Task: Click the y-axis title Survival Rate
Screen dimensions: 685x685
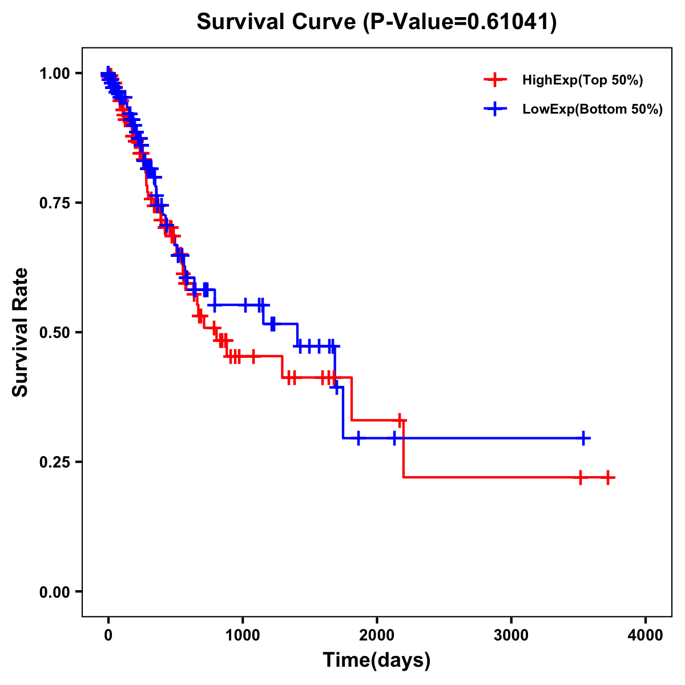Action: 21,332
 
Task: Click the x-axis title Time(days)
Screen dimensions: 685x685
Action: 377,660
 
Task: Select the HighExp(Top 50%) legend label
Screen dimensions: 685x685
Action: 583,80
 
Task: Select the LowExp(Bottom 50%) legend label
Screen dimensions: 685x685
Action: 593,110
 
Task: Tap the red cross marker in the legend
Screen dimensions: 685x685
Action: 495,80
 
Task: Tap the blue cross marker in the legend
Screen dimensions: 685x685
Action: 495,109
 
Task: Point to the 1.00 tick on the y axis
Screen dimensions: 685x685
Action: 55,73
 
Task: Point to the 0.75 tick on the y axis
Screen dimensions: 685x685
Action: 55,203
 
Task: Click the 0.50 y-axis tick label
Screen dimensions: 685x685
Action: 55,332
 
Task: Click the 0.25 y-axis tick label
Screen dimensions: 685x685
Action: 55,462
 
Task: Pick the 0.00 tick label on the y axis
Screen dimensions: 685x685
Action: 55,591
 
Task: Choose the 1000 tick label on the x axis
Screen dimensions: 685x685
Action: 243,635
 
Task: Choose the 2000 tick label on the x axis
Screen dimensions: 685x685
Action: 377,635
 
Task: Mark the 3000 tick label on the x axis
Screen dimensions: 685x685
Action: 511,635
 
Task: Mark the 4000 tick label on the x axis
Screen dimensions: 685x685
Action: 646,635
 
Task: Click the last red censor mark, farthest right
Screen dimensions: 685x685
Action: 609,477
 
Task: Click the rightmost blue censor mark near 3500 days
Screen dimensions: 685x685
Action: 583,438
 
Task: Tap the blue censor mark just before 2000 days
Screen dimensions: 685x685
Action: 358,438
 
